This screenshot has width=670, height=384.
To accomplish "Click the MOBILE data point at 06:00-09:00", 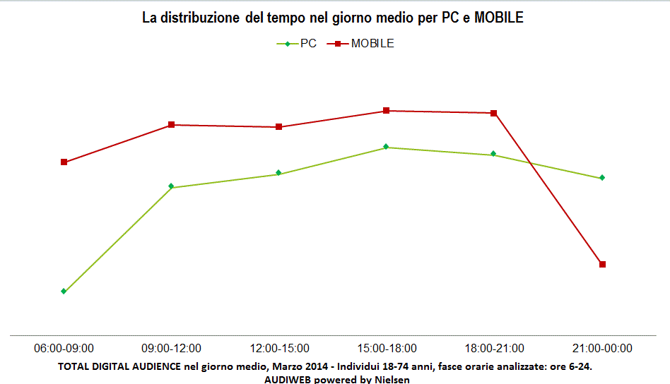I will coord(64,162).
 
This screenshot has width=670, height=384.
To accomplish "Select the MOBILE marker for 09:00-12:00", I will coord(172,125).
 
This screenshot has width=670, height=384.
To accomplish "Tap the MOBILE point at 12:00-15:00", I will coord(279,127).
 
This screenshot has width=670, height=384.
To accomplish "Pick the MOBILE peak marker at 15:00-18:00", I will coord(387,111).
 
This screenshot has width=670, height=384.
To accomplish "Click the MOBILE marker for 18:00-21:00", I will coord(494,113).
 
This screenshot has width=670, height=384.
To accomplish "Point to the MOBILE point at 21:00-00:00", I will coord(602,265).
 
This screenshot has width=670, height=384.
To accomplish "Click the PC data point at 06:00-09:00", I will coord(64,291).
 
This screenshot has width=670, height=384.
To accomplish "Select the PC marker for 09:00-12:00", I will coord(172,186).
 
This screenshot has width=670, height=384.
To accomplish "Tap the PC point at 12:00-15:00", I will coord(279,173).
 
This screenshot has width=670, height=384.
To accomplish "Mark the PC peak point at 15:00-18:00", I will coord(387,147).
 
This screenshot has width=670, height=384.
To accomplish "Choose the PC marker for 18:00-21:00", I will coord(494,154).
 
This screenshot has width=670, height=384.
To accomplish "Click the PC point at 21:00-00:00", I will coord(602,178).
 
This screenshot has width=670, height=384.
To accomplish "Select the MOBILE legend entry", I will coord(362,44).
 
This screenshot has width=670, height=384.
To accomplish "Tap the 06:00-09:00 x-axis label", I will coord(64,348).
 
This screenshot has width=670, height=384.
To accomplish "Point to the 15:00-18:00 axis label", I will coord(387,348).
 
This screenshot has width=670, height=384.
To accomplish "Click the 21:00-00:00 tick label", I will coord(602,348).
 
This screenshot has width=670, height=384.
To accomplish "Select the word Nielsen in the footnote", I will coord(390,379).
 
